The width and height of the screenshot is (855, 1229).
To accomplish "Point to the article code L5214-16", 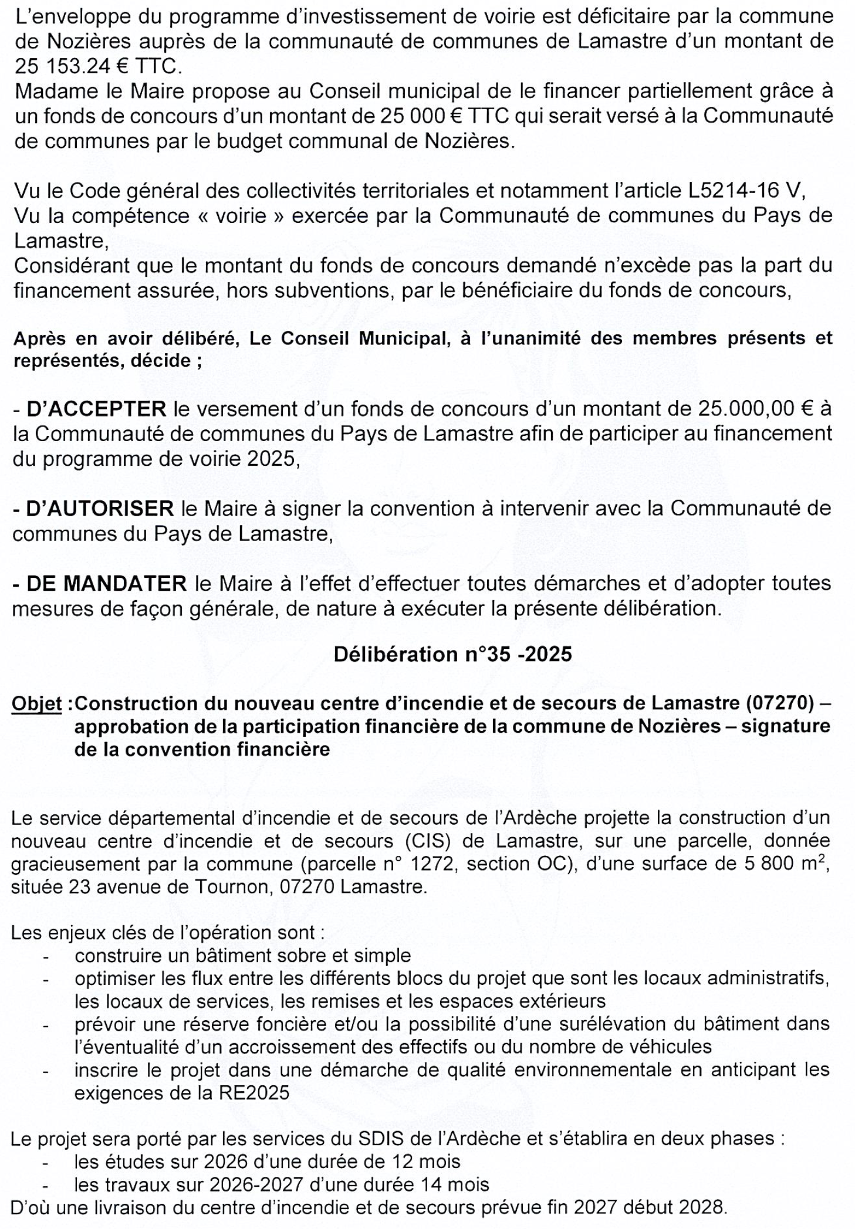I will click(734, 191).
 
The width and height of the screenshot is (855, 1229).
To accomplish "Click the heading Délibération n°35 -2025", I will click(452, 655).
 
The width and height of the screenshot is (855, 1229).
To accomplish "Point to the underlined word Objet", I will click(36, 703).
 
